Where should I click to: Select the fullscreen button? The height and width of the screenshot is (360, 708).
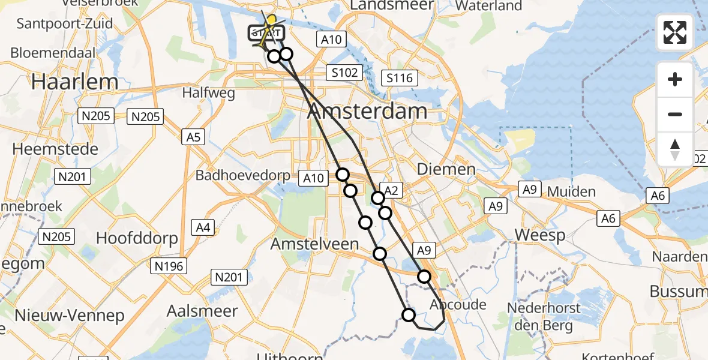click(x=675, y=32)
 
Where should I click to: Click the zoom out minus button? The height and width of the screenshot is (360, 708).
click(x=675, y=114)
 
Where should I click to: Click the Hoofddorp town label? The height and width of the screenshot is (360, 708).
click(x=137, y=238)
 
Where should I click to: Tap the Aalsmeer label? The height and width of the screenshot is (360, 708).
click(x=202, y=311)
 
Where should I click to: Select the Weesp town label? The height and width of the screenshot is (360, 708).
click(x=539, y=235)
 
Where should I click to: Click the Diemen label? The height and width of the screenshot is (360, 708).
click(x=445, y=170)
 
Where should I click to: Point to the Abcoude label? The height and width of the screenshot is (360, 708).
click(x=458, y=304)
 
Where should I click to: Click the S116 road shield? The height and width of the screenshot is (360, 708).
click(x=399, y=77)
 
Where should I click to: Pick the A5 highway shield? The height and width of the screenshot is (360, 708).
click(x=193, y=137)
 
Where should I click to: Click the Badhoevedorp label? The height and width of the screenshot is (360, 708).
click(x=242, y=176)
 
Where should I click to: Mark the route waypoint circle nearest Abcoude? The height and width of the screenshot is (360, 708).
click(x=424, y=277)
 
